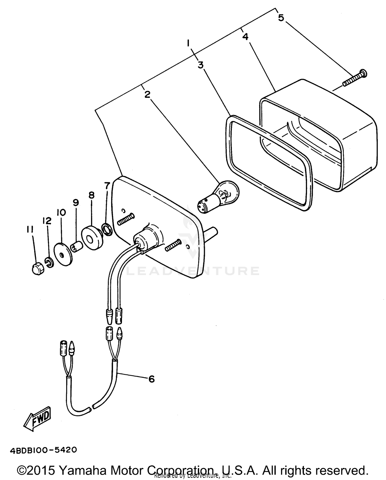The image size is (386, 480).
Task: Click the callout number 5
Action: pyautogui.click(x=281, y=18)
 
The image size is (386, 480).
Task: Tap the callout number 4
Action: pyautogui.click(x=245, y=37)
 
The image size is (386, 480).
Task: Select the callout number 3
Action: pyautogui.click(x=201, y=65)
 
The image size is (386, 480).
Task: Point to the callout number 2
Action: pyautogui.click(x=147, y=94)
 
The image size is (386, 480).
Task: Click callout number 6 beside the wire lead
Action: pyautogui.click(x=151, y=379)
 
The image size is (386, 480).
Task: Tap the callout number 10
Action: pyautogui.click(x=62, y=212)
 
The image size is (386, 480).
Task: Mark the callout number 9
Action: pyautogui.click(x=75, y=203)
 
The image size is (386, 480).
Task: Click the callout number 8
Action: pyautogui.click(x=91, y=195)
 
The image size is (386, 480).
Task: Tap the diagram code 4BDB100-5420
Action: pyautogui.click(x=43, y=450)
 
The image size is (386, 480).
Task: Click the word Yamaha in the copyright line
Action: pyautogui.click(x=81, y=470)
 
